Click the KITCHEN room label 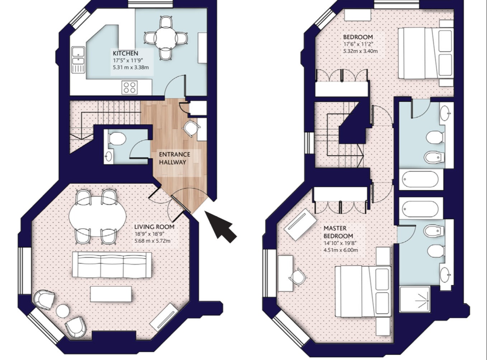pos(125,53)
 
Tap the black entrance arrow pos(220,226)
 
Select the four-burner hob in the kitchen pos(130,87)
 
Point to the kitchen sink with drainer pos(78,60)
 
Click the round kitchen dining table pos(166,38)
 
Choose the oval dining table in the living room pos(98,216)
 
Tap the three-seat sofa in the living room pos(112,265)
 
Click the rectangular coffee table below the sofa pos(111,294)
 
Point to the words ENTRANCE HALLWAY pos(174,158)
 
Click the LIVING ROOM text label pos(154,227)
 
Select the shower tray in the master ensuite pos(415,299)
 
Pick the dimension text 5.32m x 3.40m pos(360,51)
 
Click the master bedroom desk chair pos(298,277)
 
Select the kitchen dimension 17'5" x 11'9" pos(128,60)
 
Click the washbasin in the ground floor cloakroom pos(109,156)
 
